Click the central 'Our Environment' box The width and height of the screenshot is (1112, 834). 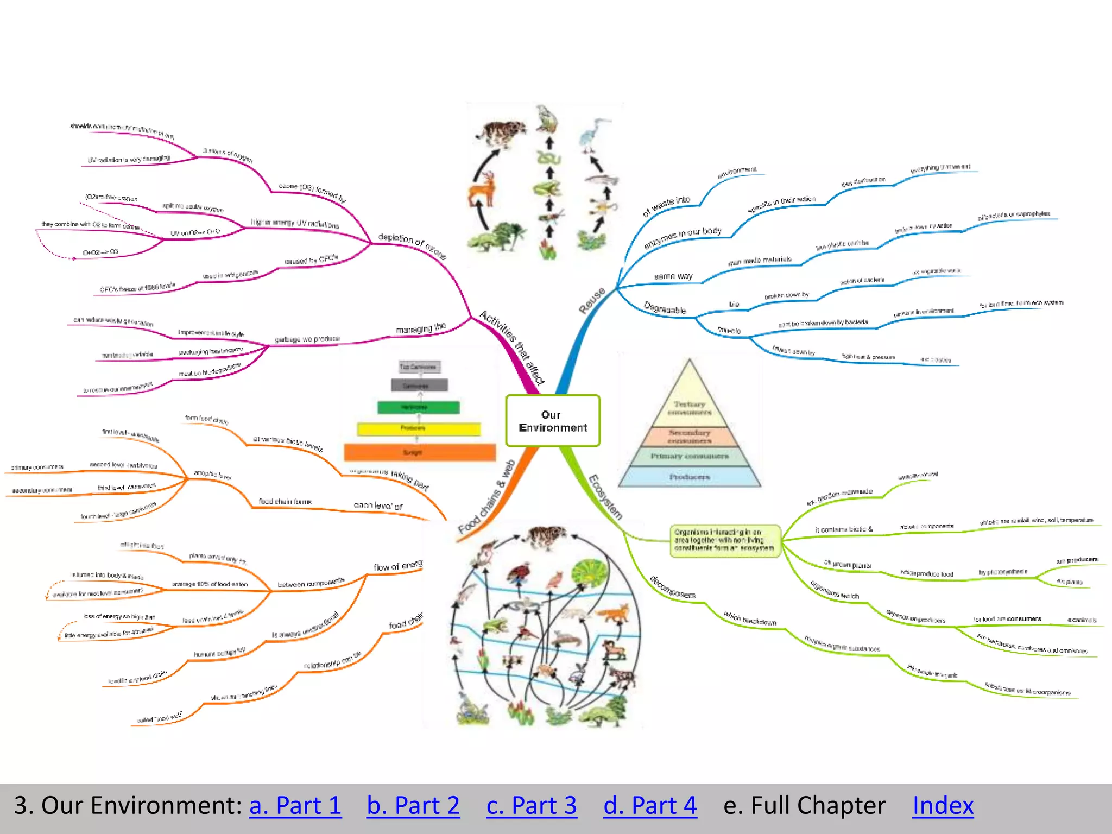(553, 421)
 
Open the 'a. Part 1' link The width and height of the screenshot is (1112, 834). (295, 805)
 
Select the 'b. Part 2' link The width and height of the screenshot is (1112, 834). (413, 805)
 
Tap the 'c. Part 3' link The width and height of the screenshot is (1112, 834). (532, 805)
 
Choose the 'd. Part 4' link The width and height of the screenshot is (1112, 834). (650, 805)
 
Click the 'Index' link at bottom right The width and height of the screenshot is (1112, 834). (943, 805)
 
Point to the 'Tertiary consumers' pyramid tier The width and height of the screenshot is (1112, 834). (689, 407)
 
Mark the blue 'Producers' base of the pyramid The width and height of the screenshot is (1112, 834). (690, 477)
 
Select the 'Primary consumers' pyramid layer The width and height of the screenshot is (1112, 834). (690, 456)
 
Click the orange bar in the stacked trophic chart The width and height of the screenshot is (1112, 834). (420, 452)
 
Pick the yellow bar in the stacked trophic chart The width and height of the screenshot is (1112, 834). (419, 429)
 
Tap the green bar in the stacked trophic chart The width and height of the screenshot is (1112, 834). (419, 407)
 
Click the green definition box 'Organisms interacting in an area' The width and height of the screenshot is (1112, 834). (725, 540)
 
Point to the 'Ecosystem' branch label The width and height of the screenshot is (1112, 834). (605, 497)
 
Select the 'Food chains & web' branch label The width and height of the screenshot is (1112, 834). (486, 497)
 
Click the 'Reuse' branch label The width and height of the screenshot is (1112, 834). (592, 300)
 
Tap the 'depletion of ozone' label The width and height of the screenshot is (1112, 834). (412, 245)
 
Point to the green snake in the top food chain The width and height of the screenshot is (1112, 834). (548, 158)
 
